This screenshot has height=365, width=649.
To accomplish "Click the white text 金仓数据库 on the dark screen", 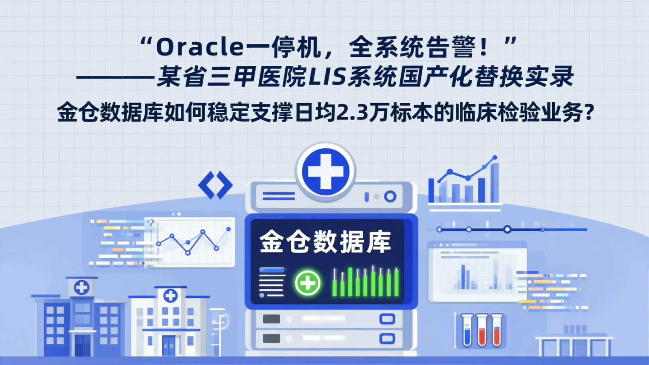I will (325, 242).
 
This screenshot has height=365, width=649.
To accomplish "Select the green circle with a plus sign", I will (307, 283).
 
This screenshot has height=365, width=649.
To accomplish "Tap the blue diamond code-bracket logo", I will (215, 185).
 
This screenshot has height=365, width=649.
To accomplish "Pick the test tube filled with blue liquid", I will (467, 330).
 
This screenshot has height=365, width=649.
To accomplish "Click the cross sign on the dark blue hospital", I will (82, 287).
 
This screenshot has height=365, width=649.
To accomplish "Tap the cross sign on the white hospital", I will (170, 296).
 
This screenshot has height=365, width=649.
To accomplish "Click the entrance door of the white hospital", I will (168, 345).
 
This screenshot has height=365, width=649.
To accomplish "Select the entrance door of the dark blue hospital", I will (82, 345).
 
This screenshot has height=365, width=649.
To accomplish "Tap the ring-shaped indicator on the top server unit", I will (390, 196).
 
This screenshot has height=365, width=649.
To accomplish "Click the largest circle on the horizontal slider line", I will (507, 229).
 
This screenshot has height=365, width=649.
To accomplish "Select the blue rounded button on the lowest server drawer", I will (387, 338).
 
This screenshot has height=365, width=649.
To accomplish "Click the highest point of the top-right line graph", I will (495, 158).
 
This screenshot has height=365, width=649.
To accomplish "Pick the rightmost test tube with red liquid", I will (497, 330).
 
